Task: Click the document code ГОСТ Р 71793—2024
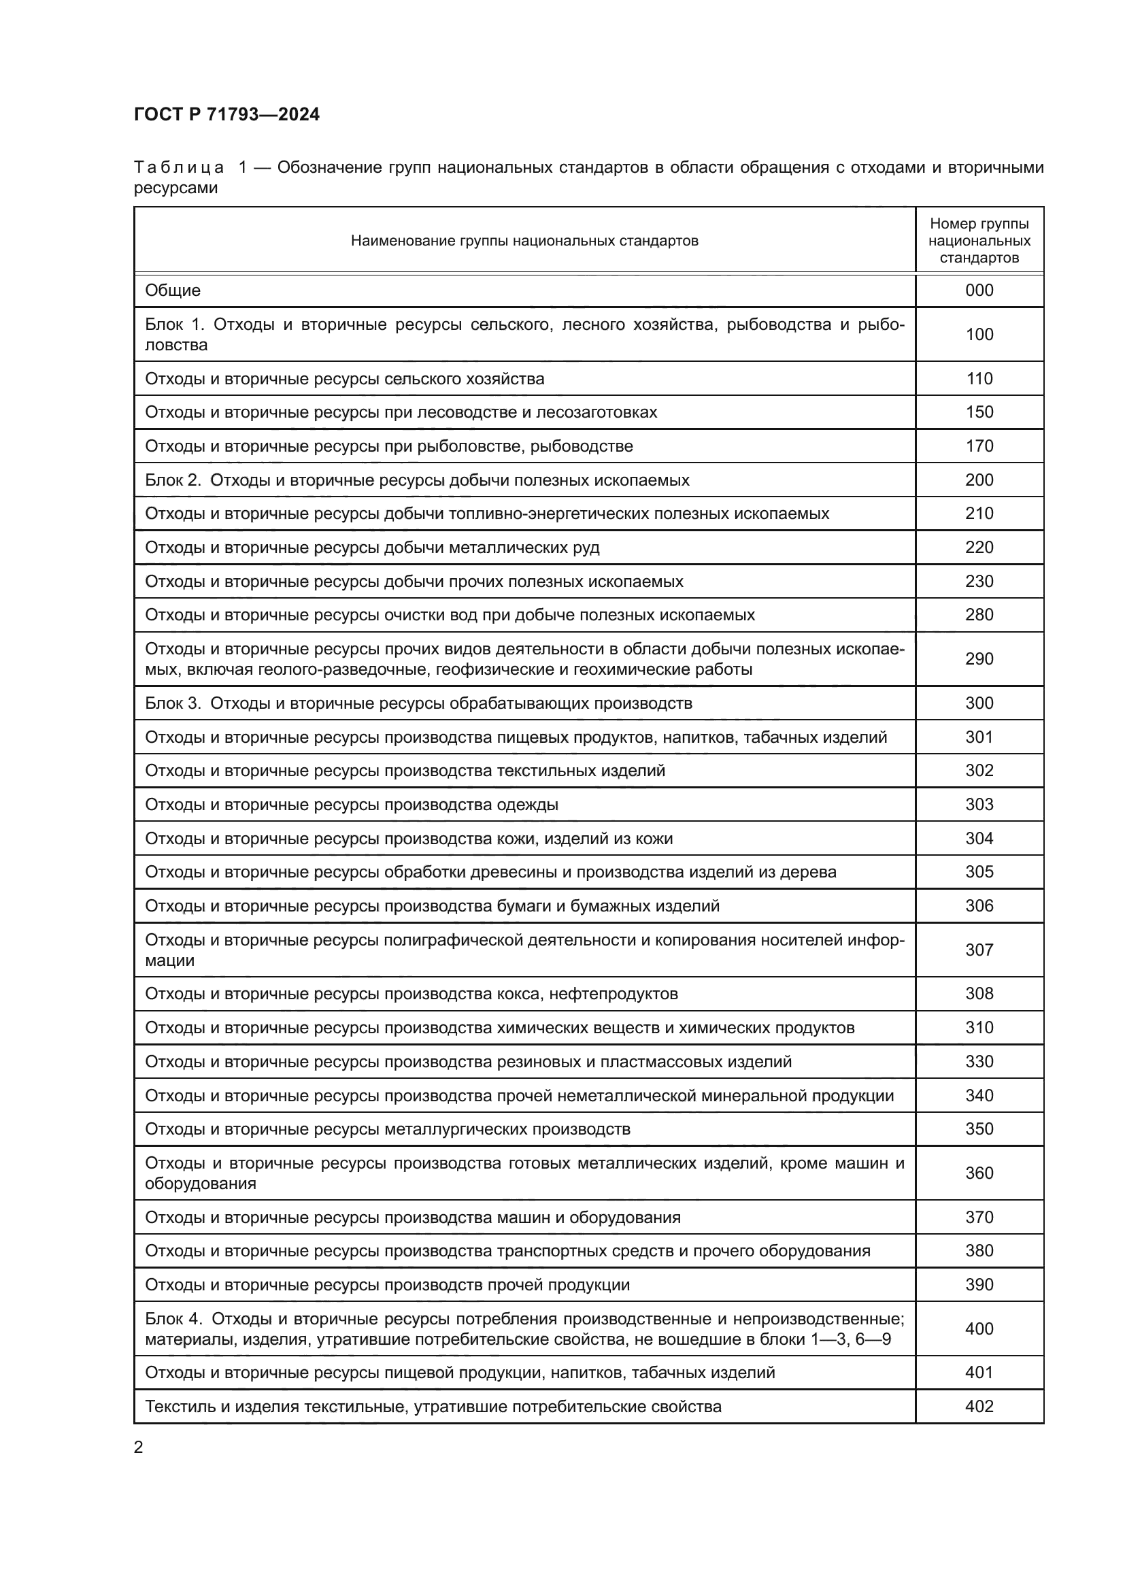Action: point(226,114)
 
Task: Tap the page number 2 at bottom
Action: point(139,1447)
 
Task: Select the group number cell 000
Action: point(979,290)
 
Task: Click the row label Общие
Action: point(173,290)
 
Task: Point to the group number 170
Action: point(979,446)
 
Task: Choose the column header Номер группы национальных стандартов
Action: point(979,240)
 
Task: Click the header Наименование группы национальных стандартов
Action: point(524,240)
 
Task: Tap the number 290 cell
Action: point(979,659)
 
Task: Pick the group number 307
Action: point(979,950)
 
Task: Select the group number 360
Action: point(979,1173)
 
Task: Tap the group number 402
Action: point(979,1407)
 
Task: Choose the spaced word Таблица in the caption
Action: point(179,168)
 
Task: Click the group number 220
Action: point(979,548)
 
